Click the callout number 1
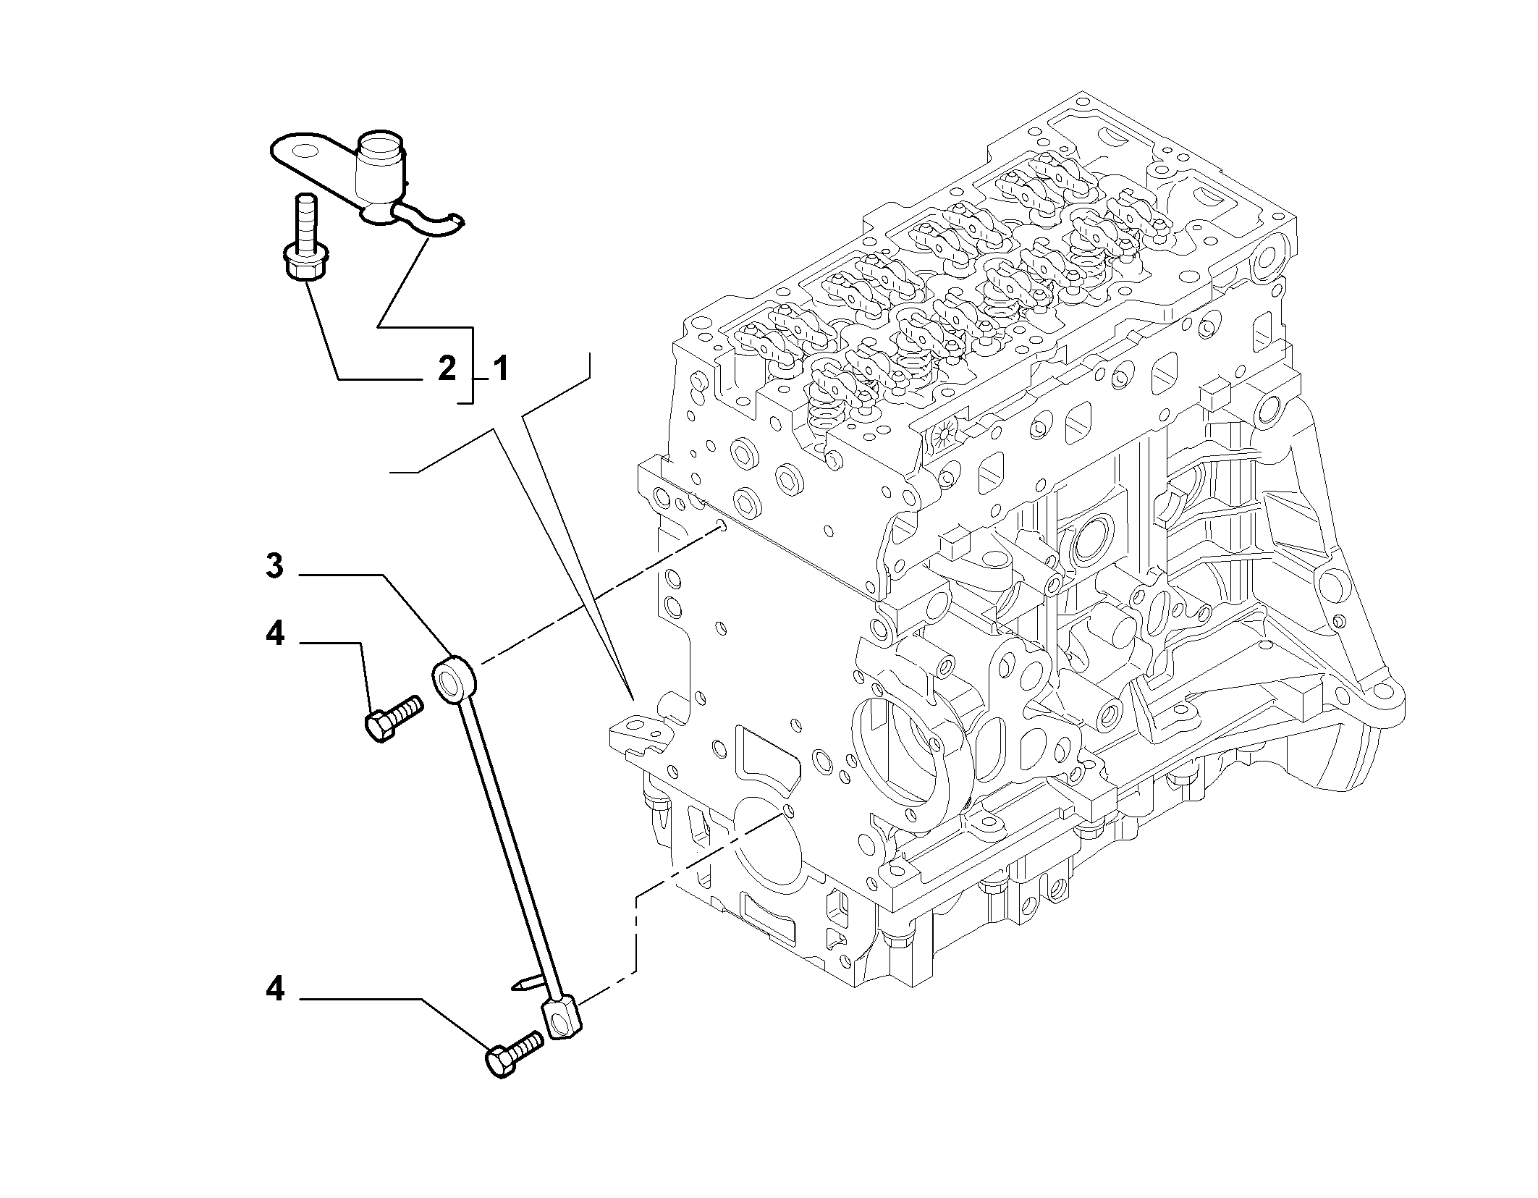pos(501,369)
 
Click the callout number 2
pos(447,369)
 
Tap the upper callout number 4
pos(275,634)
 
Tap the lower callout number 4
pos(275,989)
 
